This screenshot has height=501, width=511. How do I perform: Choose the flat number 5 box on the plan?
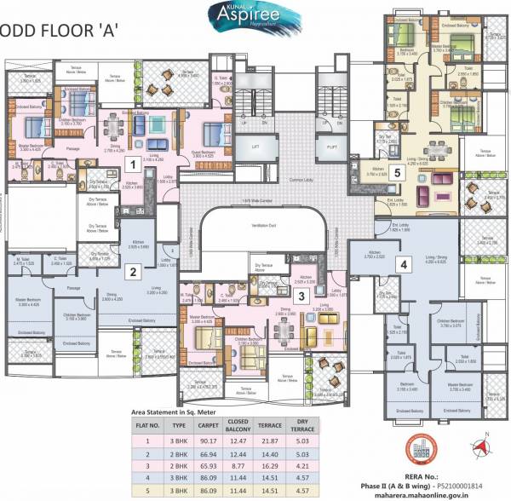click(x=398, y=171)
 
